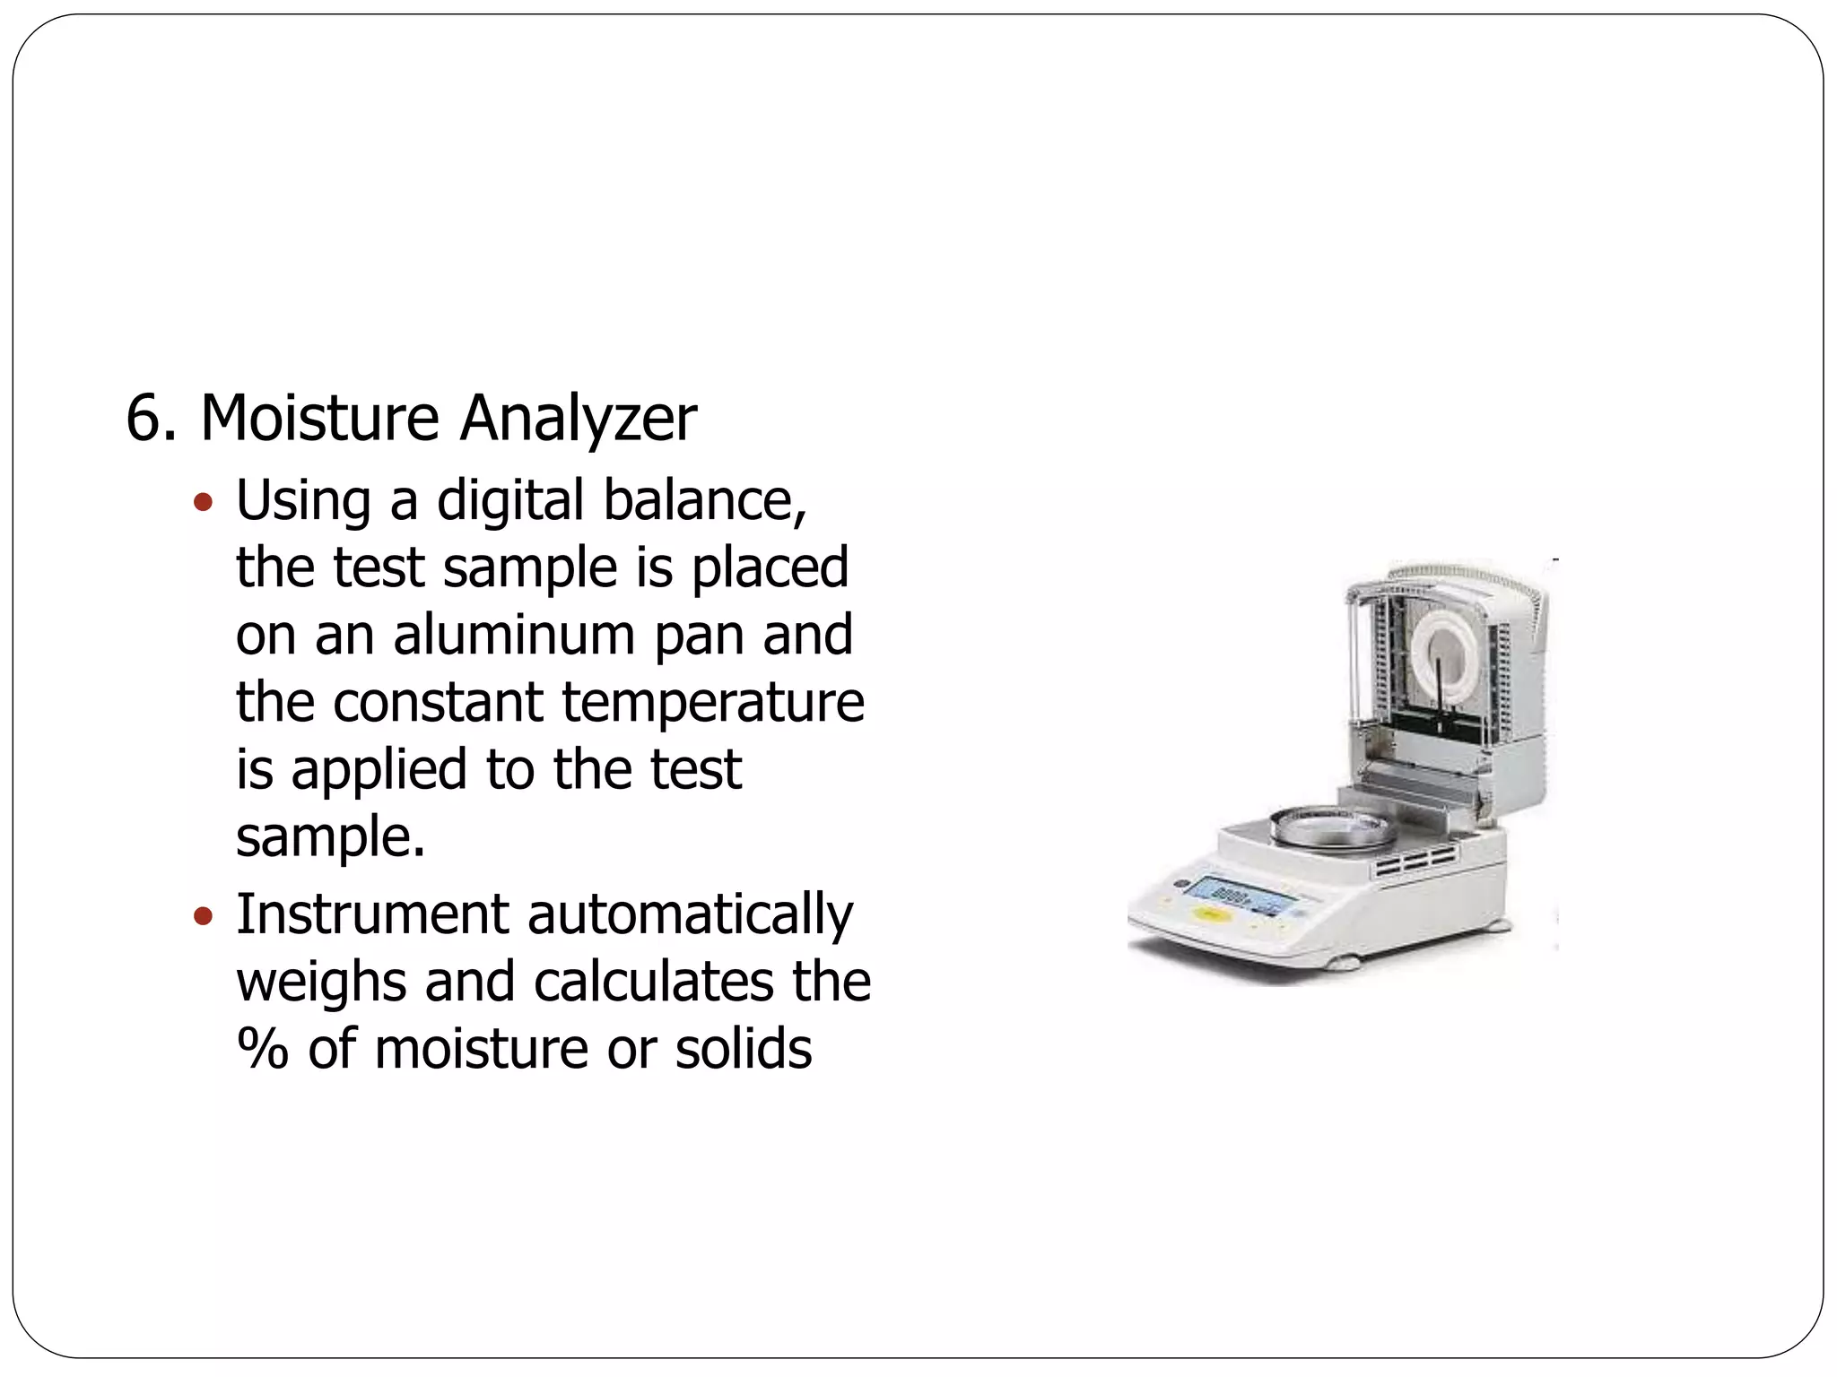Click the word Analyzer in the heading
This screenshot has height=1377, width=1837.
click(578, 419)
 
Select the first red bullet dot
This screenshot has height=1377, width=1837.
click(204, 501)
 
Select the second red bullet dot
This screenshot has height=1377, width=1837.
click(204, 916)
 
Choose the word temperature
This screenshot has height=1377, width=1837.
click(713, 703)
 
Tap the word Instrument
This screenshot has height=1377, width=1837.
click(372, 914)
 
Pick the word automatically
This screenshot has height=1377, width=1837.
click(690, 916)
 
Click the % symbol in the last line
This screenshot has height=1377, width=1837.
click(262, 1049)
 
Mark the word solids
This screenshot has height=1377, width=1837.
click(744, 1049)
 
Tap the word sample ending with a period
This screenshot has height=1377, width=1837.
click(329, 837)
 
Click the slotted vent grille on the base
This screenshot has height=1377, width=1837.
click(1416, 865)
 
